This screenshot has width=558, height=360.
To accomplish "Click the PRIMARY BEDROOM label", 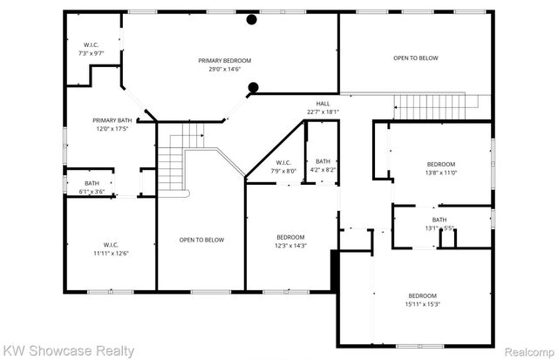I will (224, 60).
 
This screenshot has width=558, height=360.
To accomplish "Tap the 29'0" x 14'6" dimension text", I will (224, 69).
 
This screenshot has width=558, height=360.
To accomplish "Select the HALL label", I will (323, 103).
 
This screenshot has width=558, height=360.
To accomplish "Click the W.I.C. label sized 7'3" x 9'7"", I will (92, 44).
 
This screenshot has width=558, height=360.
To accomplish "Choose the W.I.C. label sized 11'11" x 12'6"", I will (111, 245).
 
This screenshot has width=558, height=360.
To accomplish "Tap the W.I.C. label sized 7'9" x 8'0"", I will (283, 162).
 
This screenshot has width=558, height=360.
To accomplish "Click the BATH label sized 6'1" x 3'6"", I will (92, 183).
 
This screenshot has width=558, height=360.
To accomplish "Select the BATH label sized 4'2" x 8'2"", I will (323, 161).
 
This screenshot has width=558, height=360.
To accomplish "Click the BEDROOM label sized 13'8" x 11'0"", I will (440, 164).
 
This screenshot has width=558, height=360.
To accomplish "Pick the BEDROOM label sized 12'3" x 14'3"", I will (290, 237).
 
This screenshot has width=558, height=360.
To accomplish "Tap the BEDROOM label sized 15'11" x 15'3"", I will (422, 295).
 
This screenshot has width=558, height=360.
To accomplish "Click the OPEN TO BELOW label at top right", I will (415, 58).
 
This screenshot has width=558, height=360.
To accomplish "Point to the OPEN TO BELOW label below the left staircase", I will (201, 240).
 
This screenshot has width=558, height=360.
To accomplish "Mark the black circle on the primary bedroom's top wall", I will (251, 19).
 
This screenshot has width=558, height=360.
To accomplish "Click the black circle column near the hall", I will (254, 86).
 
